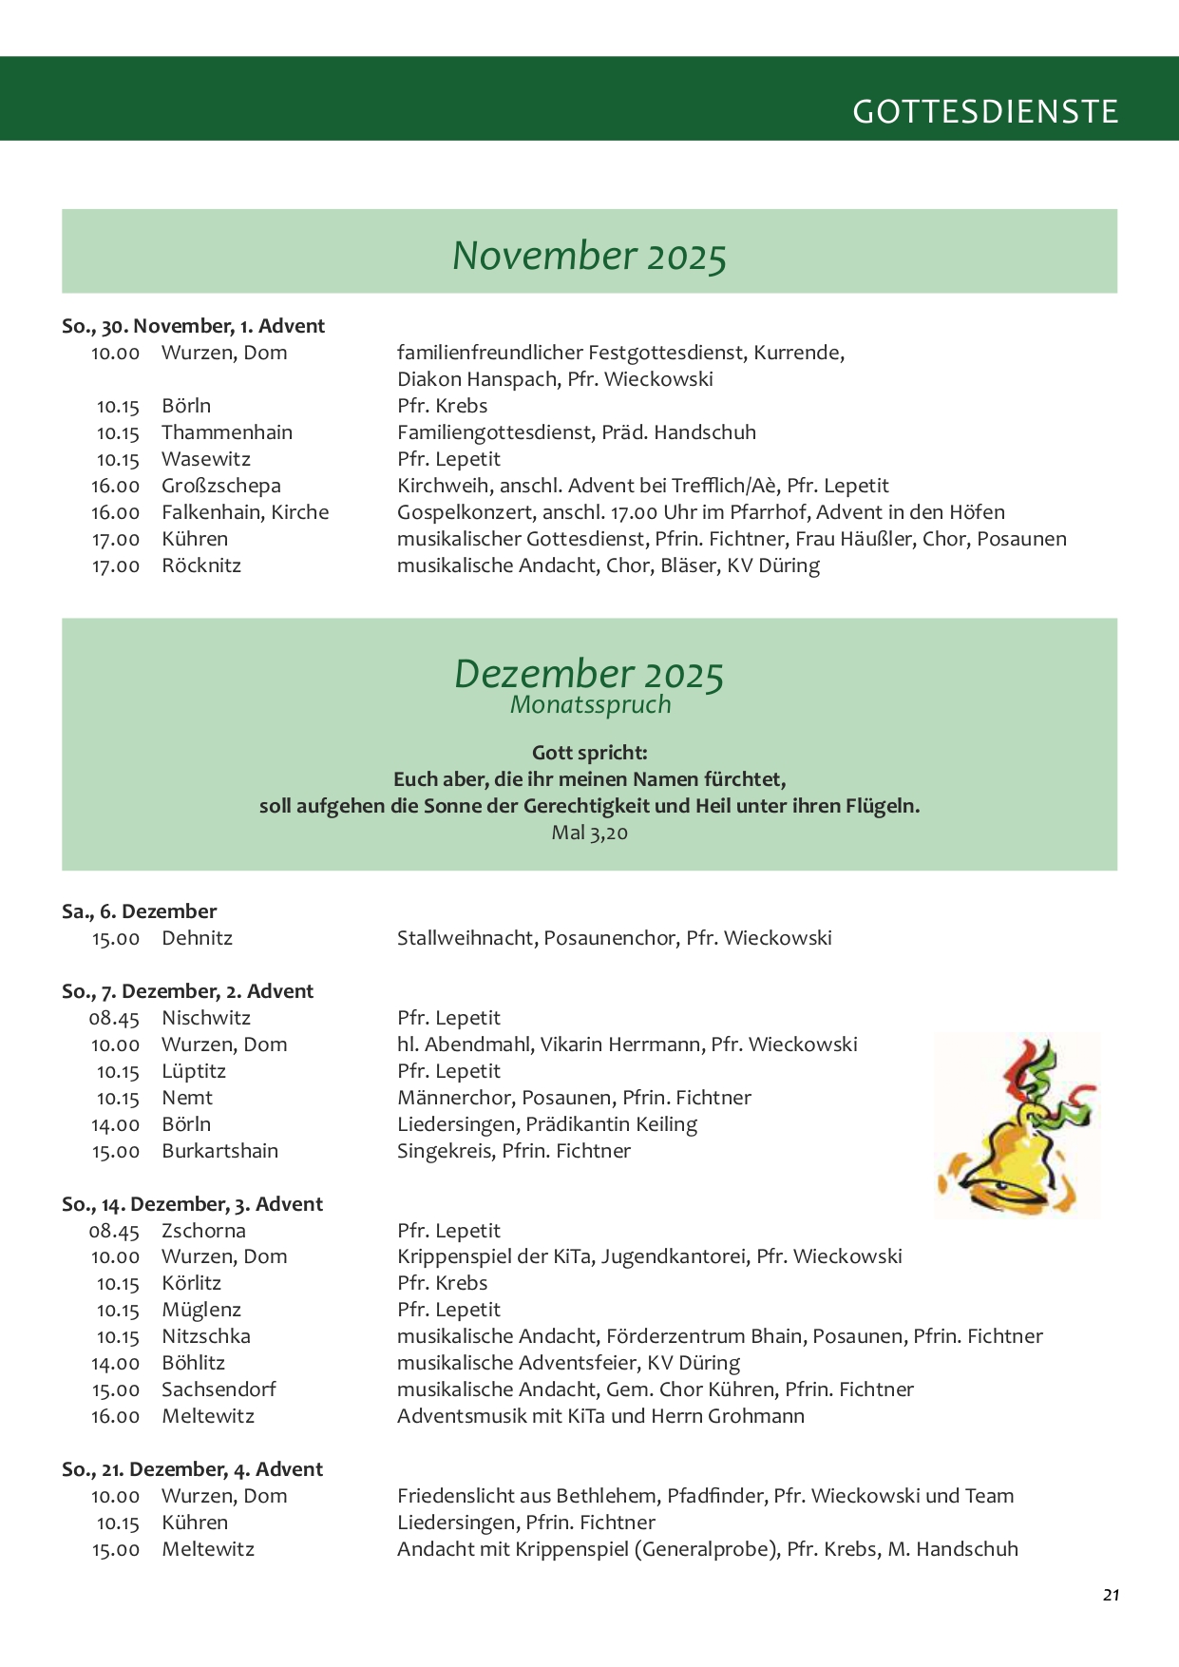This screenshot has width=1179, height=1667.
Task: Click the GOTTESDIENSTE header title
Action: pyautogui.click(x=985, y=112)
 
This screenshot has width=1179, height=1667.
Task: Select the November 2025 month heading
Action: pyautogui.click(x=589, y=256)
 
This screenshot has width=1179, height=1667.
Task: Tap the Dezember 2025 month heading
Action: pyautogui.click(x=589, y=674)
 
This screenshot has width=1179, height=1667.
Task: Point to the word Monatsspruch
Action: pyautogui.click(x=590, y=705)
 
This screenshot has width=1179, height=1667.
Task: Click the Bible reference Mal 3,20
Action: pyautogui.click(x=589, y=833)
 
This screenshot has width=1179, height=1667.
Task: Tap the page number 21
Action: pyautogui.click(x=1111, y=1595)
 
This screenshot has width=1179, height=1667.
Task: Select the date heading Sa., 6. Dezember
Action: pyautogui.click(x=139, y=911)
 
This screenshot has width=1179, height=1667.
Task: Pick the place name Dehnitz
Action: pyautogui.click(x=197, y=938)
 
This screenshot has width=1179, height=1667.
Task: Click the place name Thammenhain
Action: pyautogui.click(x=227, y=432)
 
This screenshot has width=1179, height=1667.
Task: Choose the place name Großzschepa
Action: pyautogui.click(x=221, y=486)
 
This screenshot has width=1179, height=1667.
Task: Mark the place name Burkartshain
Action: pyautogui.click(x=219, y=1151)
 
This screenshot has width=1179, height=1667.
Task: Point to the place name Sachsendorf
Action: pyautogui.click(x=219, y=1389)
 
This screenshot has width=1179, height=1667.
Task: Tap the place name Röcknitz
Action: pyautogui.click(x=201, y=565)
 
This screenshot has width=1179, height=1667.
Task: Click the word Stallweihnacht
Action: pyautogui.click(x=466, y=938)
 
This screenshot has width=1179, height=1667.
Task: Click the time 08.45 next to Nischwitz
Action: pyautogui.click(x=114, y=1018)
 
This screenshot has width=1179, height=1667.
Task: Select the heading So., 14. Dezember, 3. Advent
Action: pyautogui.click(x=192, y=1204)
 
